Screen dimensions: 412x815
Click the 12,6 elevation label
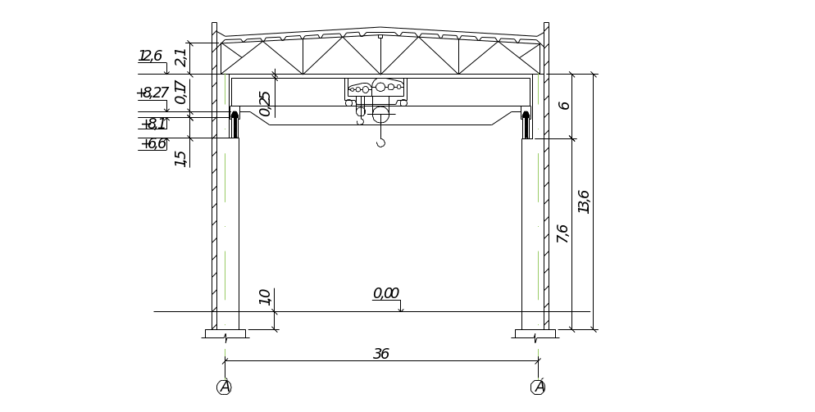tap(152, 56)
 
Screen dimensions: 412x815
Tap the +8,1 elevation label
tap(154, 124)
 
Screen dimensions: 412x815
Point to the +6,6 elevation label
tap(154, 144)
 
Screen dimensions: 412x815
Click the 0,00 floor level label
tap(385, 293)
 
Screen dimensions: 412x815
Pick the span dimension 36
tap(380, 354)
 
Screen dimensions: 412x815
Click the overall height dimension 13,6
tap(584, 201)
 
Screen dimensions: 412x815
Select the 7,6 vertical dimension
tap(562, 233)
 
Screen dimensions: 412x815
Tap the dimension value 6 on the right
tap(564, 105)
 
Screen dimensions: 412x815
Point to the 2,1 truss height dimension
tap(180, 57)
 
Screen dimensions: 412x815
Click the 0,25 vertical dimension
tap(264, 102)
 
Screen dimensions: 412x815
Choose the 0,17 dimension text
tap(180, 93)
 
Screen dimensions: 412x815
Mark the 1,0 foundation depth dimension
tap(264, 297)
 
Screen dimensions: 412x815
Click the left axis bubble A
tap(224, 387)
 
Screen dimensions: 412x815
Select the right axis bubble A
tap(539, 387)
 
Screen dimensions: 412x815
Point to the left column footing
tap(225, 333)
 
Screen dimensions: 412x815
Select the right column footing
tap(535, 333)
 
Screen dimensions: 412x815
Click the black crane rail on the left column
tap(234, 125)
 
